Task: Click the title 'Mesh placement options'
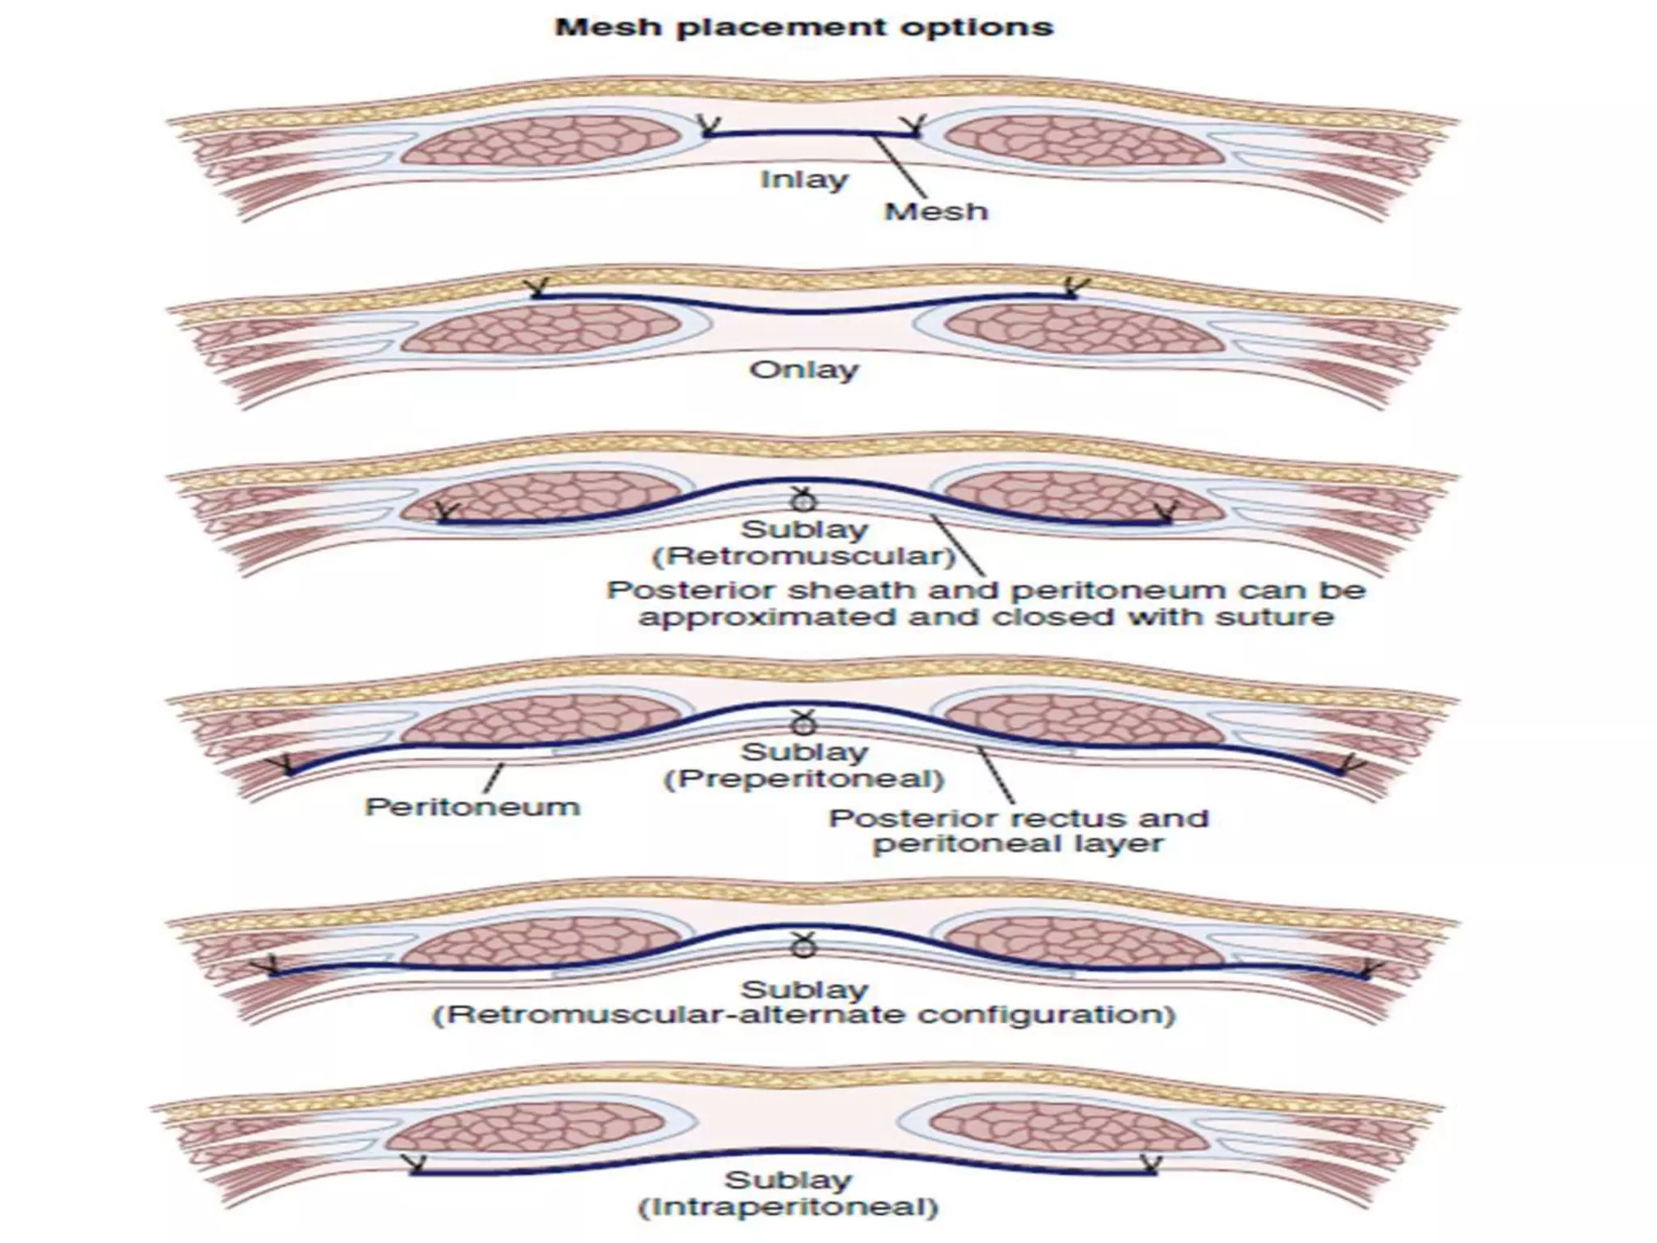(803, 28)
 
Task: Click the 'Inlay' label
(803, 179)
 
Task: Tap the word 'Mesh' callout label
(936, 212)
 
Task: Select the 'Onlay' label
(803, 371)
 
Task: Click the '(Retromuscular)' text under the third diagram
(803, 557)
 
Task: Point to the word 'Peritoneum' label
(473, 807)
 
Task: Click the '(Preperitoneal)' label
(803, 779)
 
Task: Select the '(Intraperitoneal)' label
(788, 1208)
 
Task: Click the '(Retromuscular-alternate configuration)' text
(803, 1015)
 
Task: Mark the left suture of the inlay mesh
(710, 125)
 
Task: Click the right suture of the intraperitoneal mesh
(1149, 1165)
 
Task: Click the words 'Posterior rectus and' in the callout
(1018, 818)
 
